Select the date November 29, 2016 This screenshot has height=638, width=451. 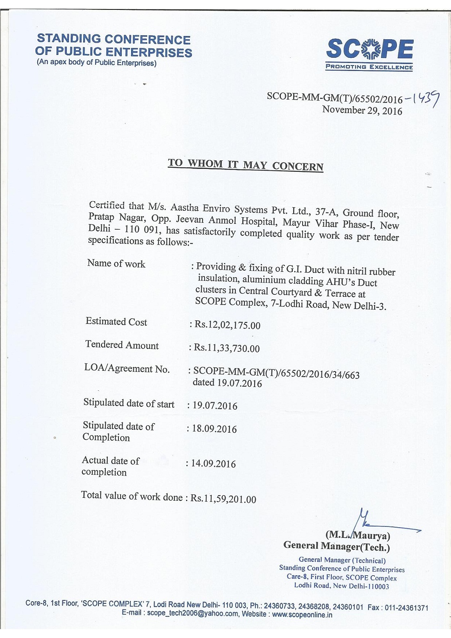point(362,110)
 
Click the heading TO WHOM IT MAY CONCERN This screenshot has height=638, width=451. point(246,165)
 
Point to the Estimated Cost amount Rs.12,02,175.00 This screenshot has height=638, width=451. point(227,325)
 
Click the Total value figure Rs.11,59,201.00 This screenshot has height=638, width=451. point(223,499)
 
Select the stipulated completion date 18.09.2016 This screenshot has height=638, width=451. point(214,429)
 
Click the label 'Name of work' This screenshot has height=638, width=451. point(116,264)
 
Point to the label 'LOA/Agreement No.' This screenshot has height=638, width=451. point(127,369)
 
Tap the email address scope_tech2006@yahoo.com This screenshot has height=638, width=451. point(193,614)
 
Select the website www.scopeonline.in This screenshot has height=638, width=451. point(302,615)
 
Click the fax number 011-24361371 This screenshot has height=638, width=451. point(406,607)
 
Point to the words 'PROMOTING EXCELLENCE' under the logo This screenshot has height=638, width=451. point(369,67)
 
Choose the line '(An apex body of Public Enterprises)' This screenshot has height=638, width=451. point(97,63)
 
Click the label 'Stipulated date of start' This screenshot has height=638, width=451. point(129,403)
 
